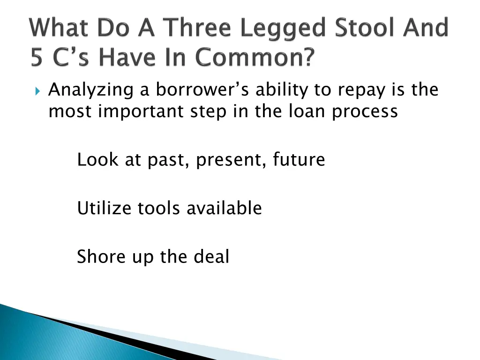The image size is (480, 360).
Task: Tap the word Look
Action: pyautogui.click(x=97, y=160)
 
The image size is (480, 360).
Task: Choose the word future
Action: pyautogui.click(x=299, y=160)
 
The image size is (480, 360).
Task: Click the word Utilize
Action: pyautogui.click(x=105, y=208)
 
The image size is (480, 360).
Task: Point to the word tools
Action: pyautogui.click(x=159, y=208)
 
